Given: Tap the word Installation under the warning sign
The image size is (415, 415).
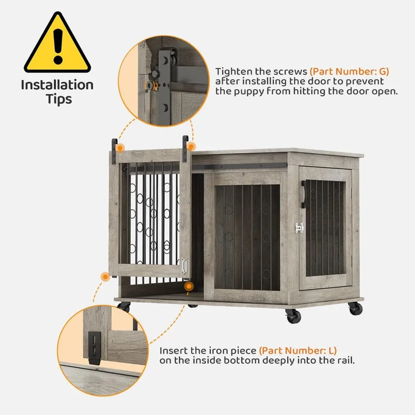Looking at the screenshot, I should point(57,85).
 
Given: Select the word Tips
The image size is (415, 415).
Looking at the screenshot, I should point(57,100).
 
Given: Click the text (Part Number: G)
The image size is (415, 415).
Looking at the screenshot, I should point(350,71).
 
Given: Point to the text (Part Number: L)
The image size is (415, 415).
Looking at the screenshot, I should point(298,351).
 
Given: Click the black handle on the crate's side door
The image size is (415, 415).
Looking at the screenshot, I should point(303,194).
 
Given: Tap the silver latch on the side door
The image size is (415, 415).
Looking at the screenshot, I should point(299,228).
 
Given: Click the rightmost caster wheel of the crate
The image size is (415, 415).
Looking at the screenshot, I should point(354,308).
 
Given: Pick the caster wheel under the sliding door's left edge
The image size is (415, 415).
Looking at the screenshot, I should point(124,307).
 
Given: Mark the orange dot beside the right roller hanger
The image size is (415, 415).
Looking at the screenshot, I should point(191,146).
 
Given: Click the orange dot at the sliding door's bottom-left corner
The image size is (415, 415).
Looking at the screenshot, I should point(105,276).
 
